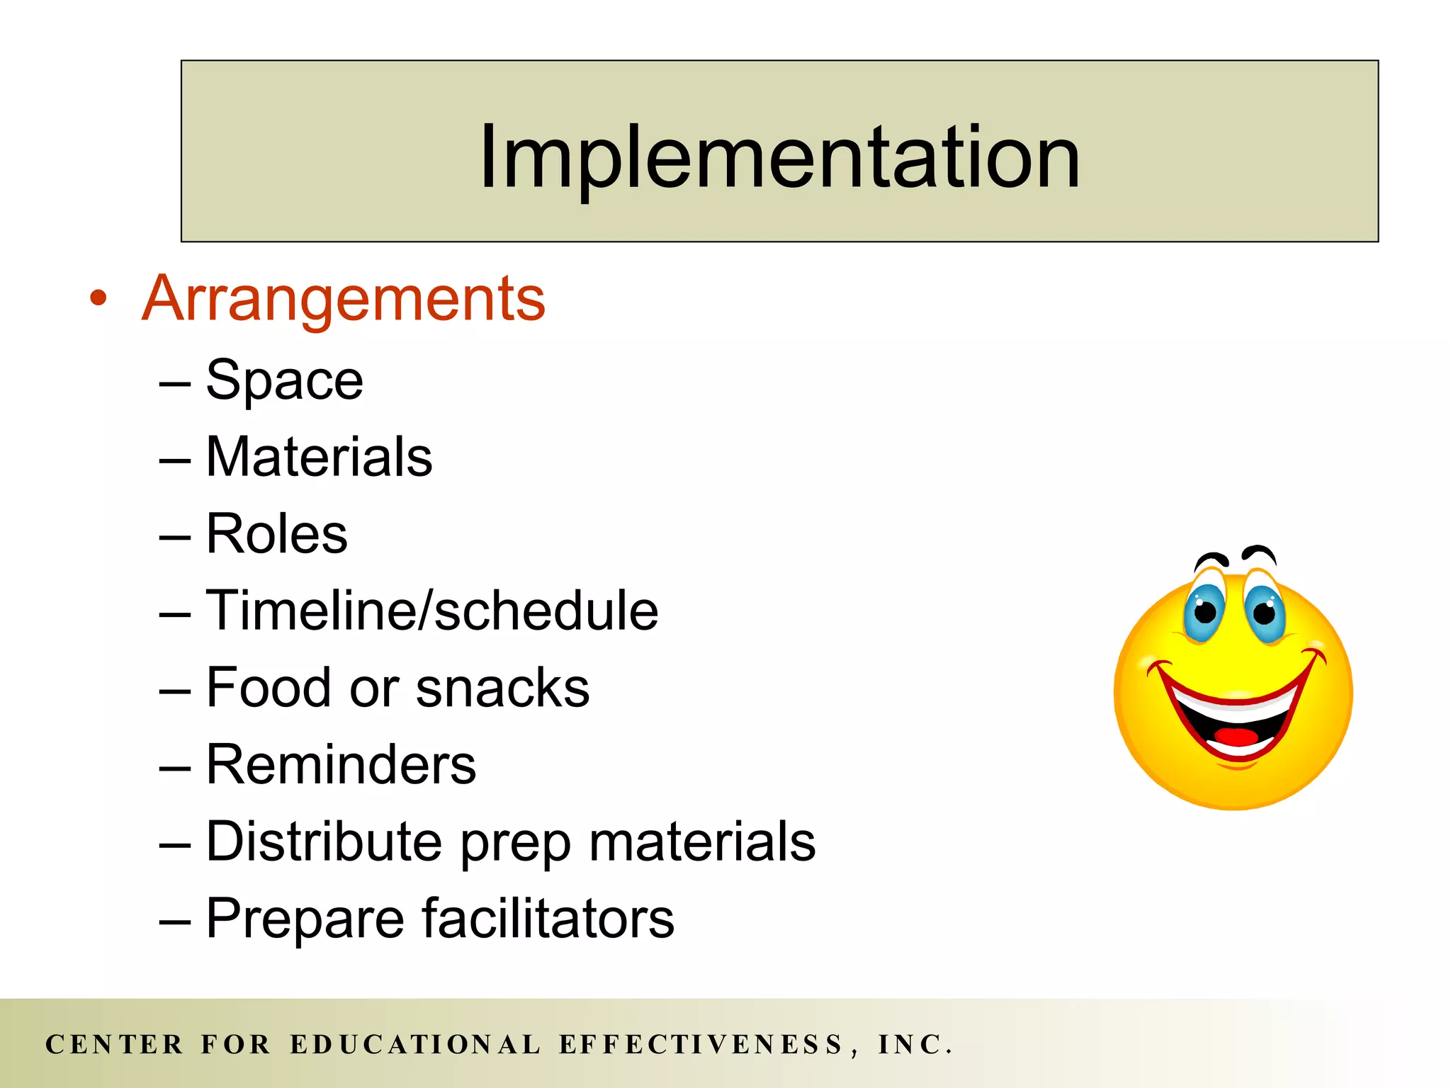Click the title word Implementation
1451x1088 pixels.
779,157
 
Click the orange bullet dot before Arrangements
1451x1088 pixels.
98,298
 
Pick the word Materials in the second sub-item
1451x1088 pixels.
319,458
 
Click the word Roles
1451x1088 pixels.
276,534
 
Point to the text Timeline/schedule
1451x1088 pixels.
432,611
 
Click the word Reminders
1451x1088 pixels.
341,765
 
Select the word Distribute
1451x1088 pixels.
324,841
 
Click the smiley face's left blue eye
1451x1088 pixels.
1204,611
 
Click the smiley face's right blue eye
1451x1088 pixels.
1265,611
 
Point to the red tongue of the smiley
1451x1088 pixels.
1237,737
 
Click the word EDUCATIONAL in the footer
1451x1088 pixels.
416,1045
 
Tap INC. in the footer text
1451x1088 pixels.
915,1045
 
